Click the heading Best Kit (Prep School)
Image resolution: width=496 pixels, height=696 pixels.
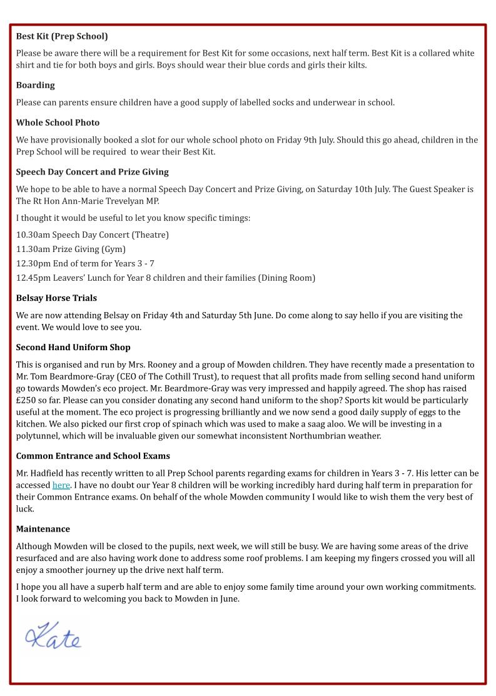point(62,36)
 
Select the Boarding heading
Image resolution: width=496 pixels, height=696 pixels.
point(35,85)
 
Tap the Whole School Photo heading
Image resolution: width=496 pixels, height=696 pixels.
point(58,123)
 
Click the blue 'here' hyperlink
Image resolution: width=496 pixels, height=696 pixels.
point(61,485)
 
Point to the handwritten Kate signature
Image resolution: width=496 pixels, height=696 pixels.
point(53,637)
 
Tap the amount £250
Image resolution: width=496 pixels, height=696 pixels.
point(28,400)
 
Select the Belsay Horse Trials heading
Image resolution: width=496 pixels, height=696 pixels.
point(56,298)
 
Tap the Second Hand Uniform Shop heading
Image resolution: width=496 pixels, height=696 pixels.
point(73,347)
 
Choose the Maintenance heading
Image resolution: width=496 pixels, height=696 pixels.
point(43,529)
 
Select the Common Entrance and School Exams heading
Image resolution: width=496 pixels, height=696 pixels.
point(93,456)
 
